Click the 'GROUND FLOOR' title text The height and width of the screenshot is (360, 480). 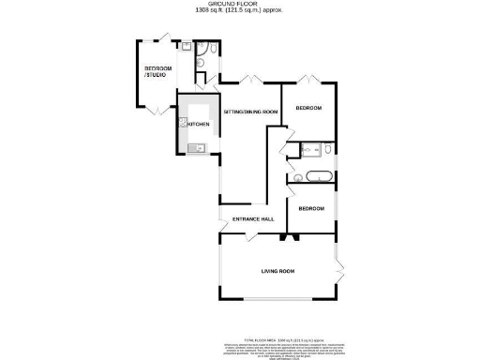point(239,4)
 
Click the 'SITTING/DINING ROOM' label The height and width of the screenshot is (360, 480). point(250,112)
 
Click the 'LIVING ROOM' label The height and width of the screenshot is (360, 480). point(277,271)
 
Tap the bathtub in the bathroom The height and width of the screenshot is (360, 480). point(314,176)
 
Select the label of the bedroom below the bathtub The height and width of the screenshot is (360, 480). point(311,208)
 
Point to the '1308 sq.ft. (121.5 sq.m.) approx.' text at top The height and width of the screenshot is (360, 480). point(239,11)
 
